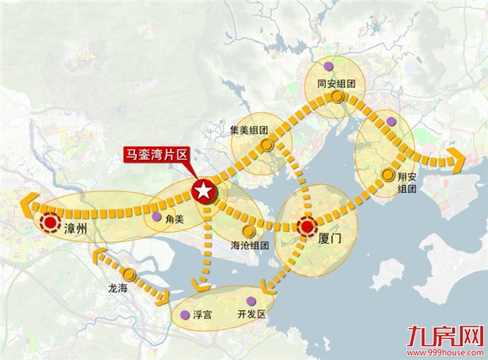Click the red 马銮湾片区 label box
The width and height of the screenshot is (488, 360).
point(158,154)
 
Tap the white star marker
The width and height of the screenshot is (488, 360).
point(203,189)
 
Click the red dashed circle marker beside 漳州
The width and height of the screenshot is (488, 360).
point(52,224)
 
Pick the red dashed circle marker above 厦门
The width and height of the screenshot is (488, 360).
point(308,226)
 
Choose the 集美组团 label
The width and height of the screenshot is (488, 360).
point(249,130)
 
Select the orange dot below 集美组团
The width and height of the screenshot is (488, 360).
point(267,145)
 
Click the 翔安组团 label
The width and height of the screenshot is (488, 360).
point(407,181)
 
